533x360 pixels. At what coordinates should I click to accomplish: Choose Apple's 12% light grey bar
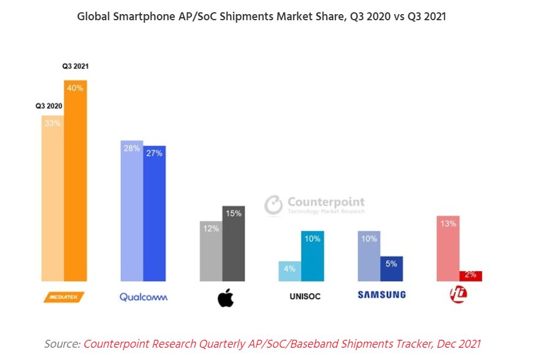[x=211, y=251]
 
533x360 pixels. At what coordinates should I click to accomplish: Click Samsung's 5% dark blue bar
[x=391, y=269]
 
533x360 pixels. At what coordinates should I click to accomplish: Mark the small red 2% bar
[x=470, y=276]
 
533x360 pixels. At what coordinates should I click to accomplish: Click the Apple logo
[x=226, y=297]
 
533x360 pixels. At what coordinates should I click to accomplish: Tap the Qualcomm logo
[x=144, y=297]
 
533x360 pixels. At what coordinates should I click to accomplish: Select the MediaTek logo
[x=64, y=297]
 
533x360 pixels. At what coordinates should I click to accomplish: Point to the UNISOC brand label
[x=305, y=296]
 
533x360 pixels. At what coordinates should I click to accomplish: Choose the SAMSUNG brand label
[x=382, y=295]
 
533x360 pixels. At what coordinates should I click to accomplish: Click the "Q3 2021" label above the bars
[x=75, y=66]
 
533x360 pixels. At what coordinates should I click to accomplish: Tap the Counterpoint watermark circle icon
[x=274, y=205]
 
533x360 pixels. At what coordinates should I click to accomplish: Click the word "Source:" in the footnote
[x=62, y=344]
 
